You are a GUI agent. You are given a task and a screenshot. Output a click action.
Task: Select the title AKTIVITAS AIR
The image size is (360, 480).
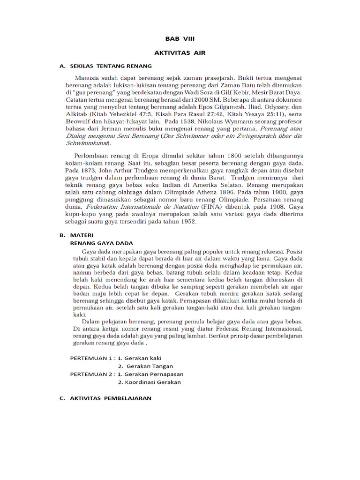180,53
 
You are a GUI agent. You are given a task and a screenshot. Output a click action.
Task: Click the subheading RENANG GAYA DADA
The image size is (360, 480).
101,243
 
